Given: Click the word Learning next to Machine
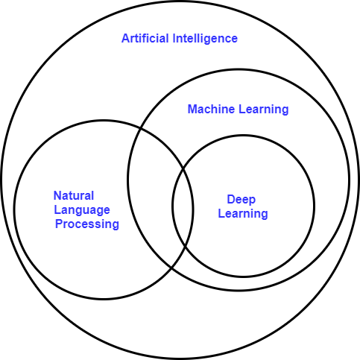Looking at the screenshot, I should [x=261, y=110].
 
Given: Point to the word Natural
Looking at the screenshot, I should [x=74, y=196].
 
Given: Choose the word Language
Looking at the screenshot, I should [x=81, y=210].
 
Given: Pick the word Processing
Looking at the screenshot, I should [x=87, y=224].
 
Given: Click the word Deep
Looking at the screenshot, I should [x=241, y=200].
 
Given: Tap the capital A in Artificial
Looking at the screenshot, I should [x=125, y=38].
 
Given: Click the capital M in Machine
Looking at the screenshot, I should [x=192, y=110].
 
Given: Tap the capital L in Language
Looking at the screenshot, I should [x=57, y=210].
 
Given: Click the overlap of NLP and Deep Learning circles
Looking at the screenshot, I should [x=183, y=209].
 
